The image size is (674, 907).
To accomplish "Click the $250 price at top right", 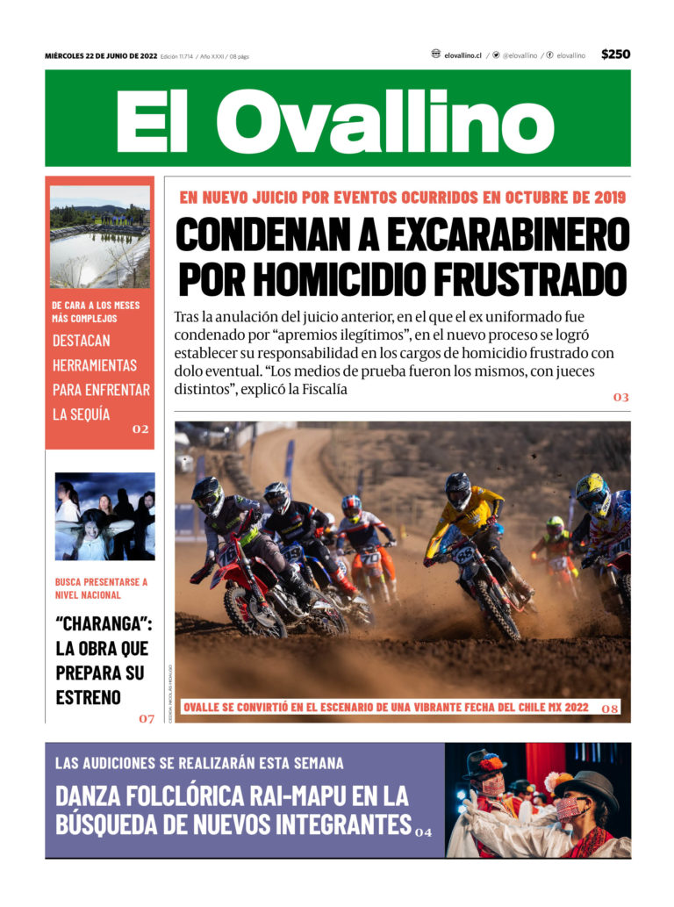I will coord(615,54).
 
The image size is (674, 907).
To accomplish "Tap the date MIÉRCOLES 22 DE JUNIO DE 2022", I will coord(101,56).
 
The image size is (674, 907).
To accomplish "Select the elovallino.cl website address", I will coord(462,55).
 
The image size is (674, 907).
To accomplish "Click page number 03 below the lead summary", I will coord(620,398).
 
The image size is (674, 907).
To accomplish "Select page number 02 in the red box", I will coord(140,429).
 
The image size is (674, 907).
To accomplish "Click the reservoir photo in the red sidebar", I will coord(99,236).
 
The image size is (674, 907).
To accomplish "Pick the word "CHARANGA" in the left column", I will coord(102,625).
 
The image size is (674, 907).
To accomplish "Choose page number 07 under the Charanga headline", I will coord(146,719).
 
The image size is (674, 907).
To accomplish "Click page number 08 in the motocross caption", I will coord(610,708).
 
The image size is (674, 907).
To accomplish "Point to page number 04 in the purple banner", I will coord(424,831).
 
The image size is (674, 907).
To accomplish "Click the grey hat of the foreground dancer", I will coord(585,781).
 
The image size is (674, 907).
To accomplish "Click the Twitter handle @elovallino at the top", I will coord(519,55).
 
